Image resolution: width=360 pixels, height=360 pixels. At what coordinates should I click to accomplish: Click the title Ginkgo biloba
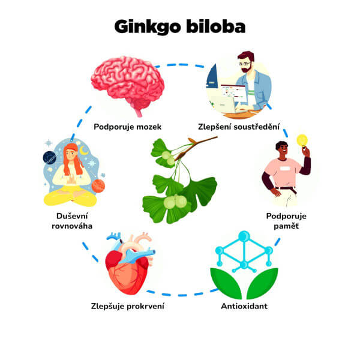[180, 27]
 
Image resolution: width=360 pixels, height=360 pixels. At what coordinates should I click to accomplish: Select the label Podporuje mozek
[127, 127]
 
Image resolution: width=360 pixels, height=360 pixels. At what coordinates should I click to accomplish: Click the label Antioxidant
[244, 306]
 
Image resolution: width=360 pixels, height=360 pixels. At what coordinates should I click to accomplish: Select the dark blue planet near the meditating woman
[50, 158]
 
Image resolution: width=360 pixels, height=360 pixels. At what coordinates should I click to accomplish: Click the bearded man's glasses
[244, 62]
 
